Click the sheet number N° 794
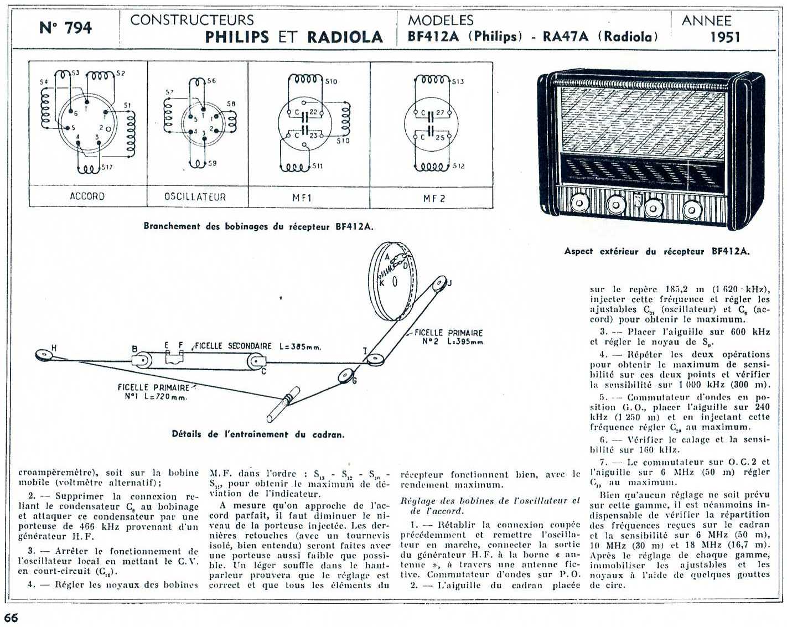[x=65, y=28]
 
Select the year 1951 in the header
[x=725, y=37]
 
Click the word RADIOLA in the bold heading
[x=345, y=37]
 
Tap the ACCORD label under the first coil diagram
[x=87, y=196]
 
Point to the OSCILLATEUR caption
[x=195, y=197]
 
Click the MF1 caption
[x=302, y=198]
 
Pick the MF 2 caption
[x=434, y=198]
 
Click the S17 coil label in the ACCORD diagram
[x=107, y=167]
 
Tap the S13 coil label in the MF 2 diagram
[x=458, y=82]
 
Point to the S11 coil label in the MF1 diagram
[x=317, y=166]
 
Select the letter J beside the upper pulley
[x=449, y=283]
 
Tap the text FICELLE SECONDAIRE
[x=234, y=346]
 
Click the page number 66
[x=11, y=618]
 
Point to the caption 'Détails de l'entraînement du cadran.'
[x=258, y=434]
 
